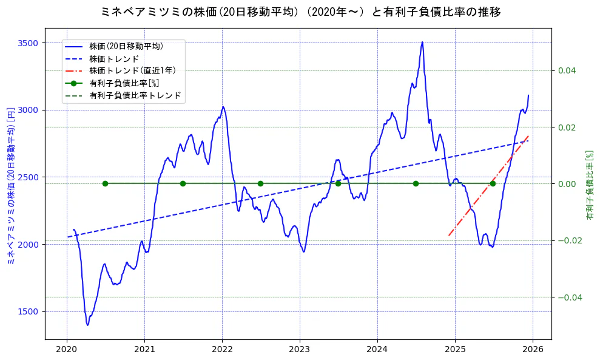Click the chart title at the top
point(300,12)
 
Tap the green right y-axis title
point(589,185)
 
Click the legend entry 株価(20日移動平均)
point(126,46)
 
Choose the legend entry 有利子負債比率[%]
point(124,83)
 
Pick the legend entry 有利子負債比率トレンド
point(135,95)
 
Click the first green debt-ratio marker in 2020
point(105,183)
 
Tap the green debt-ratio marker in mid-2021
point(183,183)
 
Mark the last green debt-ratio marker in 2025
point(493,183)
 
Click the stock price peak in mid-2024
point(422,42)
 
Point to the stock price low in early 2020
point(87,325)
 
